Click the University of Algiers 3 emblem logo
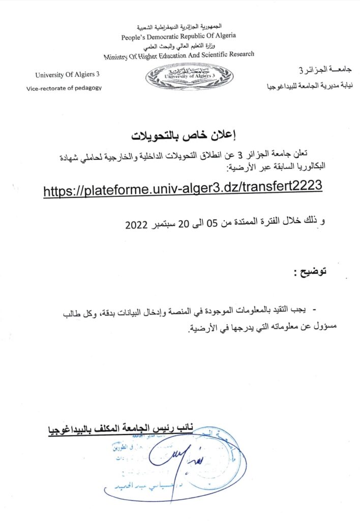(189, 77)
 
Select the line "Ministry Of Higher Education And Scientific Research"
(179, 55)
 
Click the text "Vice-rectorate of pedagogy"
(64, 88)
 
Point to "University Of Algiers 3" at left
(68, 74)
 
